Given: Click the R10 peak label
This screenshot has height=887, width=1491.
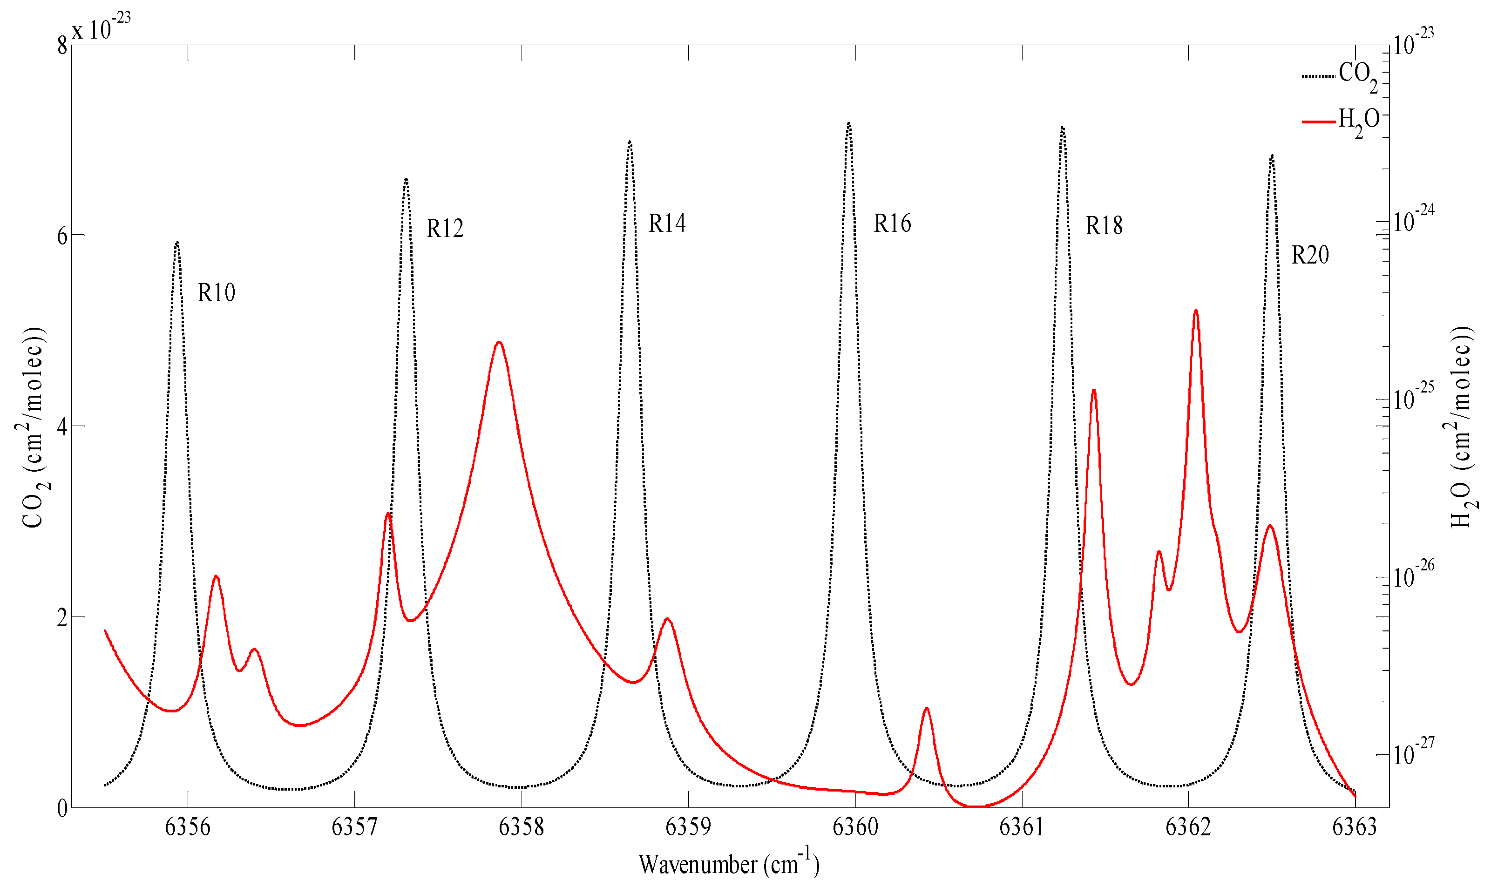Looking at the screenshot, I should coord(217,293).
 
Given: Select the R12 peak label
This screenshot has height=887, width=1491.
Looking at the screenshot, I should coord(445,228).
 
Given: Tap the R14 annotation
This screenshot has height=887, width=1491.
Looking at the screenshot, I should coord(667,223).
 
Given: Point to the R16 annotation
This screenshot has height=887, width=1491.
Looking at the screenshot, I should coord(892,223).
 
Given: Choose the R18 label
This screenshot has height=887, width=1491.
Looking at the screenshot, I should coord(1104,226).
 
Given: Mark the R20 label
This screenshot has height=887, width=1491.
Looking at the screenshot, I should coord(1310,255).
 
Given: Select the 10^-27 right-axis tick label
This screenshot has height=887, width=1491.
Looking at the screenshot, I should coord(1413,752).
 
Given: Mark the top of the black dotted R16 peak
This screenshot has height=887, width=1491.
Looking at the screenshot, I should coord(848,124).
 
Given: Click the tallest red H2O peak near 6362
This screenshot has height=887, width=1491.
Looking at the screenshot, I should coord(1195,311).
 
